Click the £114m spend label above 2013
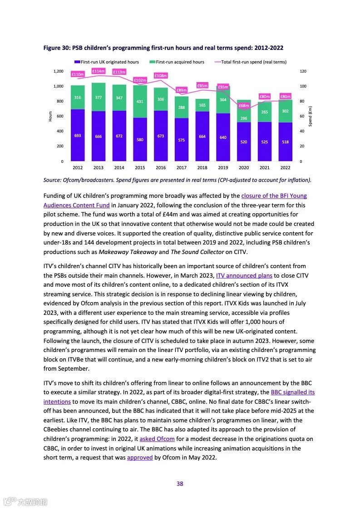click(99, 71)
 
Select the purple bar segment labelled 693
click(78, 135)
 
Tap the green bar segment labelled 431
click(140, 102)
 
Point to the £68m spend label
click(244, 105)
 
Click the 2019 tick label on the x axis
click(223, 167)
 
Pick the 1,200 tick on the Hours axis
click(58, 71)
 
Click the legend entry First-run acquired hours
click(180, 62)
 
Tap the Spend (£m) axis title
click(310, 116)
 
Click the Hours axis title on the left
click(50, 116)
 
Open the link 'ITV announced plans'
click(244, 275)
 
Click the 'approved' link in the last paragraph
click(139, 457)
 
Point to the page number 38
click(180, 484)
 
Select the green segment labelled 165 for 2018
click(202, 105)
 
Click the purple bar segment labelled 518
click(285, 142)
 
